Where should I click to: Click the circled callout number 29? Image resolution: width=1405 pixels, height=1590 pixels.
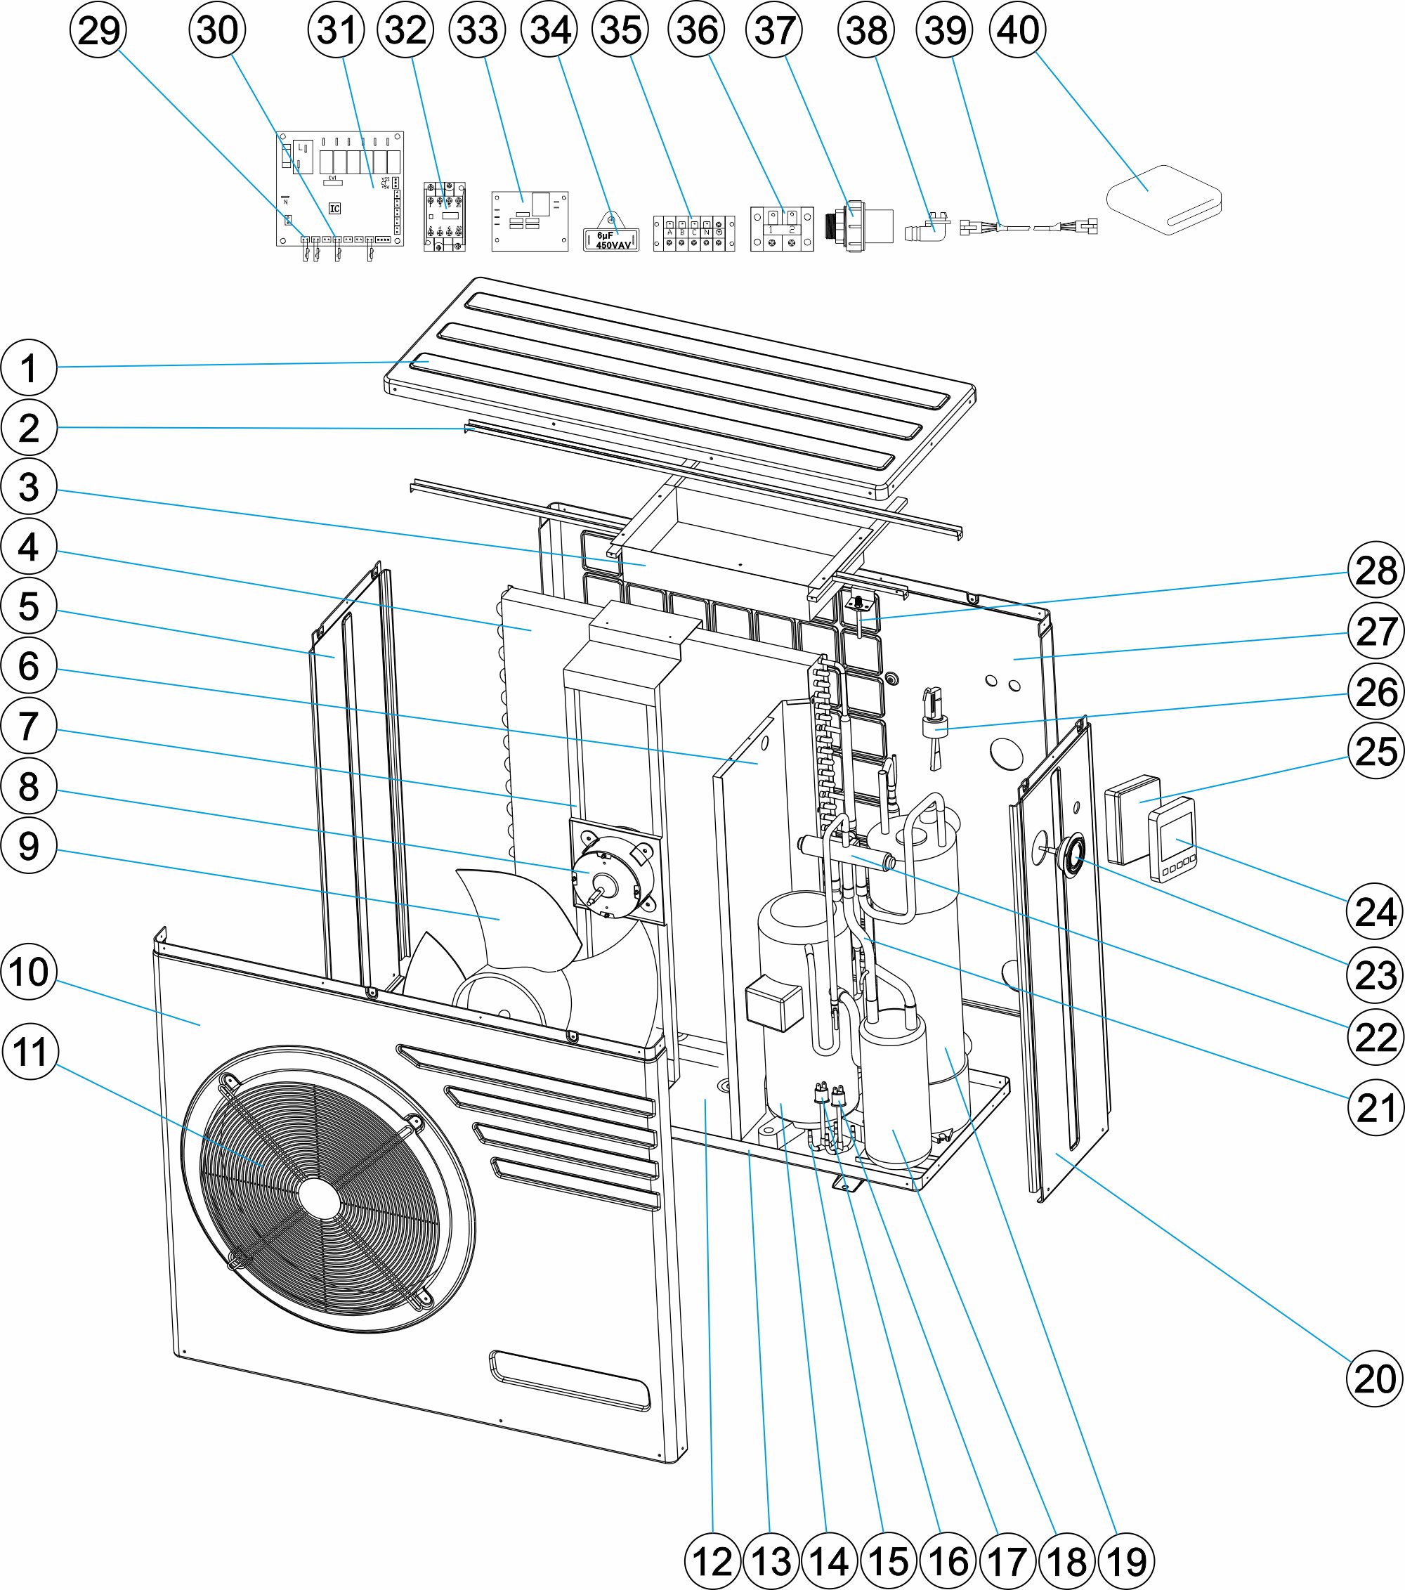pos(98,30)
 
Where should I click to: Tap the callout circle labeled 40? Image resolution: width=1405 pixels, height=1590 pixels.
pos(1018,30)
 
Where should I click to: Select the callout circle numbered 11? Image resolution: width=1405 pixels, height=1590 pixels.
pos(30,1052)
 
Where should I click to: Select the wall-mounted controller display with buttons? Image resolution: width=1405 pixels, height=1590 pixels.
pos(1173,841)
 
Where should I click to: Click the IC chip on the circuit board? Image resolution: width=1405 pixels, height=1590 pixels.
pos(334,209)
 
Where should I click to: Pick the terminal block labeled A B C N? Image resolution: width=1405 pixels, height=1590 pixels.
pos(694,233)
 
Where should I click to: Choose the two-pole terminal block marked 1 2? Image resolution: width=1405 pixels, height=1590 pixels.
pos(781,230)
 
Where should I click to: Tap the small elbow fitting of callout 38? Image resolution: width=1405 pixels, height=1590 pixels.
pos(927,229)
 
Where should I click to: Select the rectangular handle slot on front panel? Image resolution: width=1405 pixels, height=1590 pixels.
pos(569,1381)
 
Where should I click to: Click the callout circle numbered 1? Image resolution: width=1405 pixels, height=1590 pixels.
pos(29,367)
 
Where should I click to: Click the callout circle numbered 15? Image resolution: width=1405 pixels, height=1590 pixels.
pos(889,1560)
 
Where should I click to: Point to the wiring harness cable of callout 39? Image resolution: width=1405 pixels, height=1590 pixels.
pos(1028,227)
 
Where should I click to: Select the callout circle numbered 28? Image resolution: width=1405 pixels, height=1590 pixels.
pos(1375,571)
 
